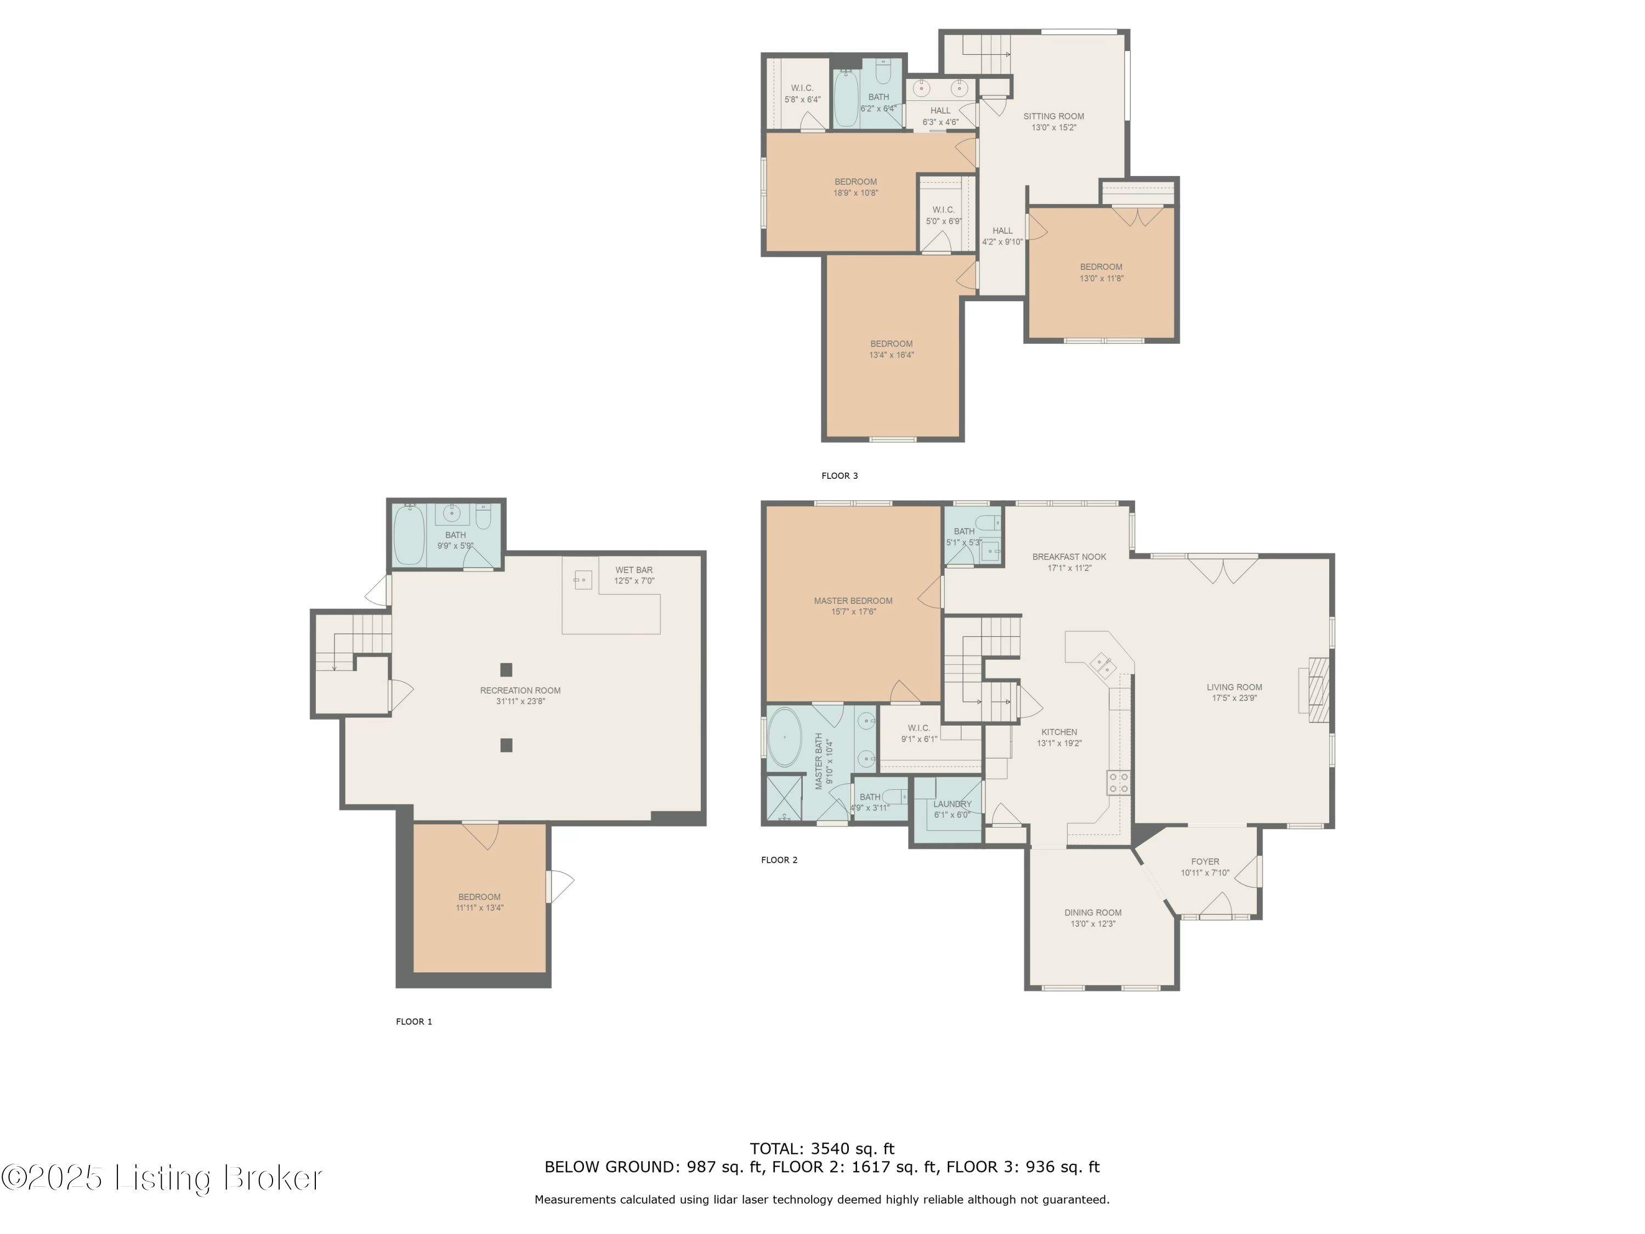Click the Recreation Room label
pos(520,690)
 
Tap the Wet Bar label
pos(634,570)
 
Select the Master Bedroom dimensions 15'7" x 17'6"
pos(853,612)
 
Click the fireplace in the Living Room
pos(1317,689)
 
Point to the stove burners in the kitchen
pos(1119,783)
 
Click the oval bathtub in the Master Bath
pos(785,737)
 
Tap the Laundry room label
pos(952,804)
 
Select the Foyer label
pos(1205,862)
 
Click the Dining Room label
pos(1092,913)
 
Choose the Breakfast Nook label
pos(1069,556)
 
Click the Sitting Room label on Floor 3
pos(1053,116)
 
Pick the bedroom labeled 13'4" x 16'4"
pos(891,349)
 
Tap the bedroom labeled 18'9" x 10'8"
pos(855,186)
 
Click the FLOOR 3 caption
pos(839,476)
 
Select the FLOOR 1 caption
pos(413,1021)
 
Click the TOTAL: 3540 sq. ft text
pos(822,1148)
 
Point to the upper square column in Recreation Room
pos(506,670)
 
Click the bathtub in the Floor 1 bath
pos(409,535)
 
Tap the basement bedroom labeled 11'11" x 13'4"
pos(479,902)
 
